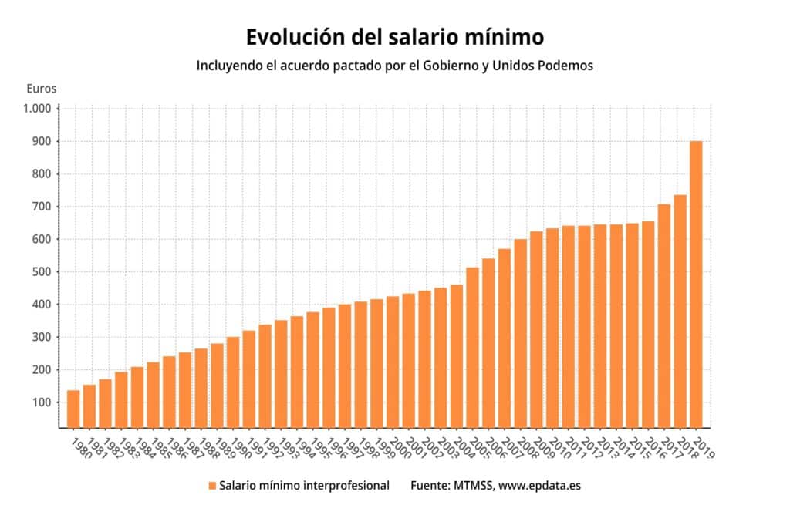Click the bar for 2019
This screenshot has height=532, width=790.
point(696,285)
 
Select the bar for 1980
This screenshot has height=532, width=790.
point(73,409)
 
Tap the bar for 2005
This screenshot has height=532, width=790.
point(473,348)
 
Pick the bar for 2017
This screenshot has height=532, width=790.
point(664,316)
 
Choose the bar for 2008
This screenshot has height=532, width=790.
point(521,334)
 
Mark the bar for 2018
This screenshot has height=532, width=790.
point(680,311)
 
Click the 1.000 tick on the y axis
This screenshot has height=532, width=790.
point(37,109)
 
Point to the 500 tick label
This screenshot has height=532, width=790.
point(42,272)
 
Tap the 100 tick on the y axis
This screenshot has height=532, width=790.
point(42,402)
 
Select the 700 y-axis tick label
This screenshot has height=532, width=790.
point(42,207)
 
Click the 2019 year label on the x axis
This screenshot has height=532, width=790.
point(704,448)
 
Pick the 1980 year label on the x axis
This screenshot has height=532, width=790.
point(82,448)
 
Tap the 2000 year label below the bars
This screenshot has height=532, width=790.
point(400,448)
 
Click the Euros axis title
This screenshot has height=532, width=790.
point(42,89)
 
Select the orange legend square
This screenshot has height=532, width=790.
point(212,486)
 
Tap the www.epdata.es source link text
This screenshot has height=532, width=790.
point(539,486)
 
